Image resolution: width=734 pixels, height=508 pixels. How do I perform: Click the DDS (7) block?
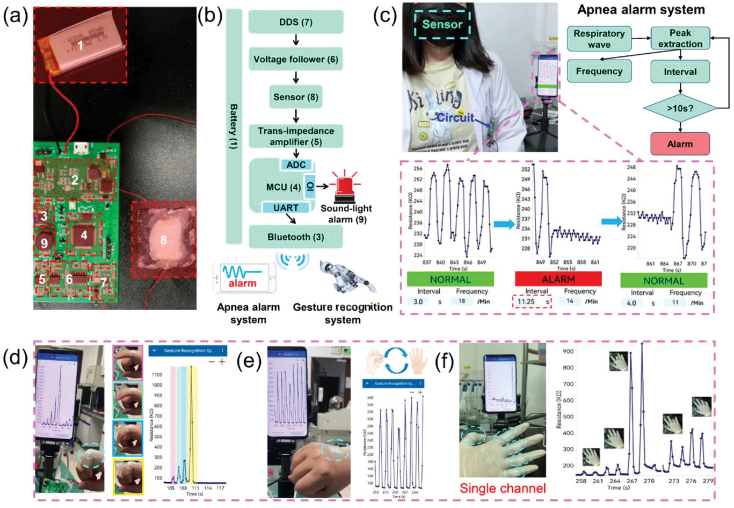(296, 22)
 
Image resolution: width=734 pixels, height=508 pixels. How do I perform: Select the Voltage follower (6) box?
(296, 59)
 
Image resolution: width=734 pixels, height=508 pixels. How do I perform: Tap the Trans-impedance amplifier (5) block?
(296, 137)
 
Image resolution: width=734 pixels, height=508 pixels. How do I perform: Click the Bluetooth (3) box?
(296, 237)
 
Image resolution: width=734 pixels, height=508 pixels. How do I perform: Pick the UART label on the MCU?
(286, 208)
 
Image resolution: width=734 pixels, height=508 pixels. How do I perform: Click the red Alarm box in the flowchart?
(680, 144)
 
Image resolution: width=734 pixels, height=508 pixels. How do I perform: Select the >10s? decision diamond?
(680, 108)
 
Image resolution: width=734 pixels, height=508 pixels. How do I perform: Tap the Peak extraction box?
(680, 39)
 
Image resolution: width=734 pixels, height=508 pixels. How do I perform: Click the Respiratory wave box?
(599, 39)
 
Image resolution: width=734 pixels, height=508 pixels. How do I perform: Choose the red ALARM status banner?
(558, 279)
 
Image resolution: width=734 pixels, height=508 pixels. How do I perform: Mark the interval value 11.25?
(527, 302)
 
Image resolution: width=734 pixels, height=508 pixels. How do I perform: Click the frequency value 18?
(462, 302)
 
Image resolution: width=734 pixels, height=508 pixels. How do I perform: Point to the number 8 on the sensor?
(163, 240)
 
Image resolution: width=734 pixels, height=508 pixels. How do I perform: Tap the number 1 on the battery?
(81, 46)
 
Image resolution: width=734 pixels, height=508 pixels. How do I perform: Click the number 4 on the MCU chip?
(84, 235)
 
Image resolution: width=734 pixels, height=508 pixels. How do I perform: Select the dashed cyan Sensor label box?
(442, 24)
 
